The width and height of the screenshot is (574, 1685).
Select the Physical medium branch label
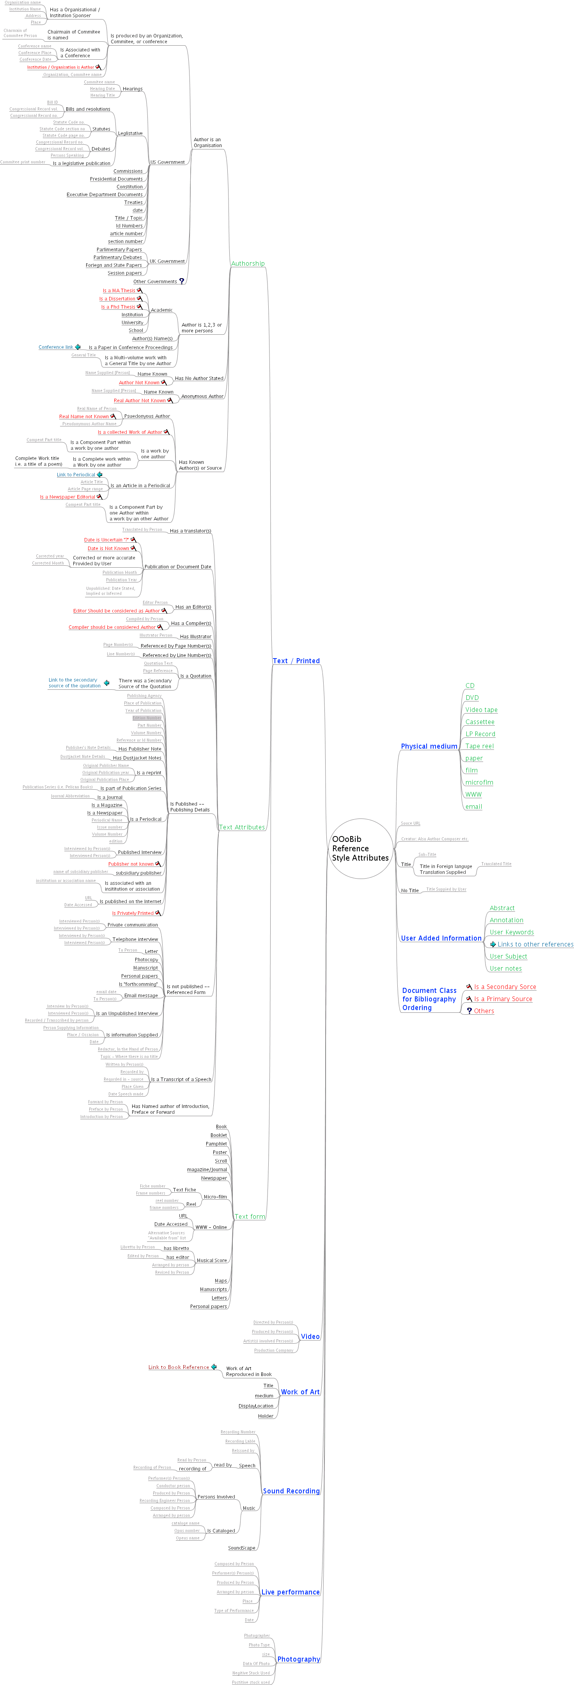coord(429,746)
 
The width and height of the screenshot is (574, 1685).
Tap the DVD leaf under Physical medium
coord(472,698)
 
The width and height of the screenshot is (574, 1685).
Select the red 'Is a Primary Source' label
coord(502,999)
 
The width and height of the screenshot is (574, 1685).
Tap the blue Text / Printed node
coord(296,661)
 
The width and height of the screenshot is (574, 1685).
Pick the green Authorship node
coord(248,264)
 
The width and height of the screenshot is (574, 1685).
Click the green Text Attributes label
coord(242,827)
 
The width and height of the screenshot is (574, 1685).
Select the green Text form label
coord(250,1217)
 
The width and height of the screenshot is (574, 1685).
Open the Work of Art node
coord(300,1392)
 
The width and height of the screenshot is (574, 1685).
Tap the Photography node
coord(298,1659)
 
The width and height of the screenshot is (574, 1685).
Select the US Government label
coord(167,162)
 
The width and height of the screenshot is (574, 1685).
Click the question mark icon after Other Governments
coord(182,281)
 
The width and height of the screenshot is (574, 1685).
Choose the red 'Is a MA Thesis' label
coord(119,290)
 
